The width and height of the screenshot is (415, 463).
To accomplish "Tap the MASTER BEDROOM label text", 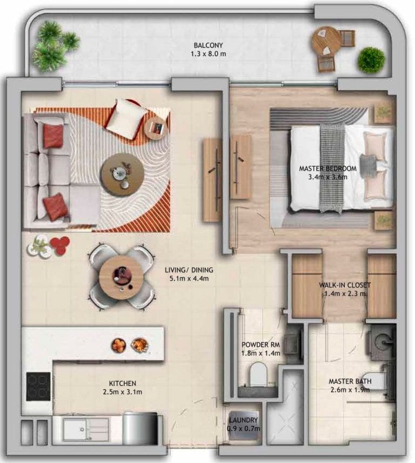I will [328, 168].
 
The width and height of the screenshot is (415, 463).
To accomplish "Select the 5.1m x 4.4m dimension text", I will [189, 278].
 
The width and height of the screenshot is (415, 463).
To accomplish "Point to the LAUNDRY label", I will [243, 420].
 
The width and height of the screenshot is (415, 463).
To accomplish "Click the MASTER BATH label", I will [349, 382].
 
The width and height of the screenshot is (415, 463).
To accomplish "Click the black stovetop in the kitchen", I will [38, 386].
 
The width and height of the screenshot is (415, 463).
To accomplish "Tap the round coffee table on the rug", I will [122, 174].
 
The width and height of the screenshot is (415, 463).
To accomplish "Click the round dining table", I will [122, 277].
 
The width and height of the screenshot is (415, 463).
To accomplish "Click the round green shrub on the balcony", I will [371, 60].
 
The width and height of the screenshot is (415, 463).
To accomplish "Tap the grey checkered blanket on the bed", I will [331, 168].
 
